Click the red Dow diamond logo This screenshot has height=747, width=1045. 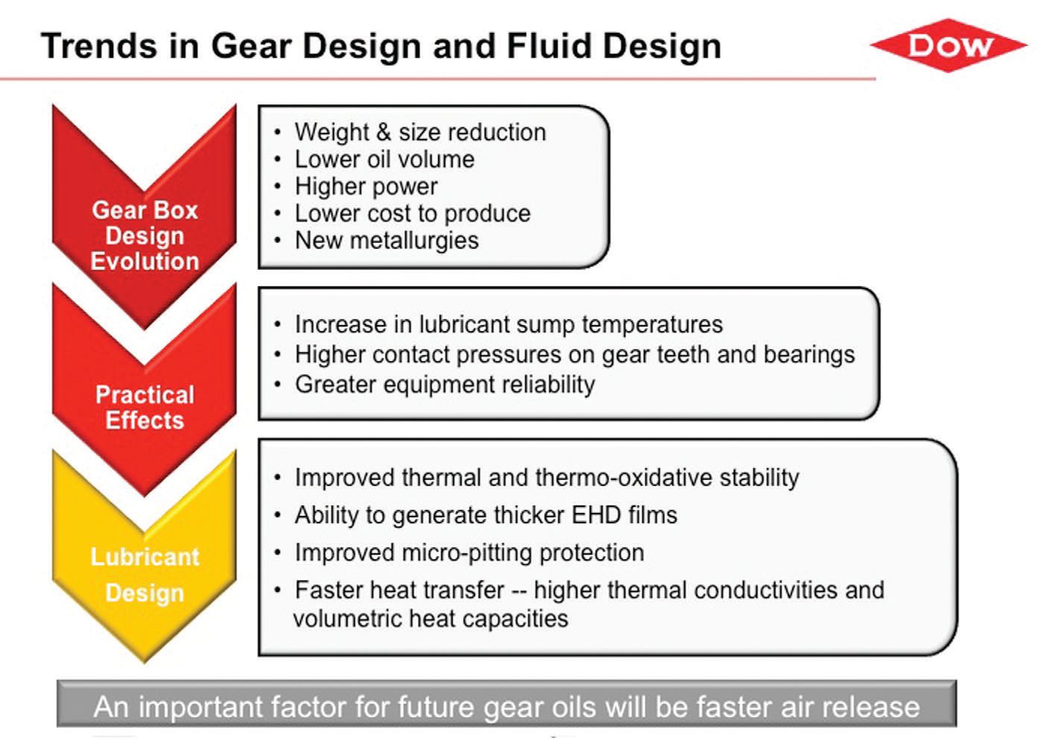(x=948, y=45)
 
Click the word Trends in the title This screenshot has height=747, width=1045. (x=99, y=46)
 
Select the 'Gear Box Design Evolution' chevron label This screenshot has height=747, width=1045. (x=145, y=236)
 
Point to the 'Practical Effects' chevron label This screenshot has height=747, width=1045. (x=145, y=407)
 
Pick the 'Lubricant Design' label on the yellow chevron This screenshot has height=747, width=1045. (x=145, y=574)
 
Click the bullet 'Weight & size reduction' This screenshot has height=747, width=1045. (x=420, y=132)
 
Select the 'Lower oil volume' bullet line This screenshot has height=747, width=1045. (x=385, y=159)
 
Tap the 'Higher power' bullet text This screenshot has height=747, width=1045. (x=366, y=186)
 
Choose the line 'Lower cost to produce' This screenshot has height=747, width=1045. (x=412, y=214)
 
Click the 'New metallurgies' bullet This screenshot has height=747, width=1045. (x=387, y=241)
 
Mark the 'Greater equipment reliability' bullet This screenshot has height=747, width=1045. (x=445, y=385)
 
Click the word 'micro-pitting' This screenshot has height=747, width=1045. (x=467, y=553)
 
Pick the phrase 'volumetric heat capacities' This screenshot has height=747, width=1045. (x=431, y=620)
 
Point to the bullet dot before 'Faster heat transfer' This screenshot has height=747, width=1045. (x=277, y=590)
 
